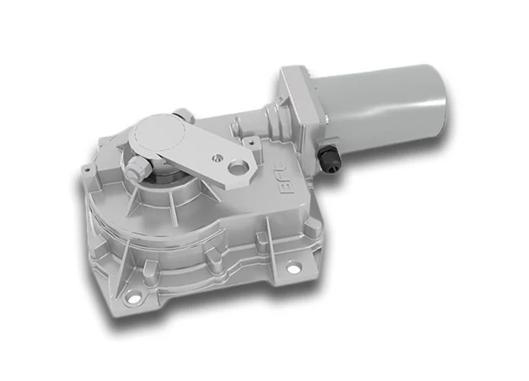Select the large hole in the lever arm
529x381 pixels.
[x=242, y=168]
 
